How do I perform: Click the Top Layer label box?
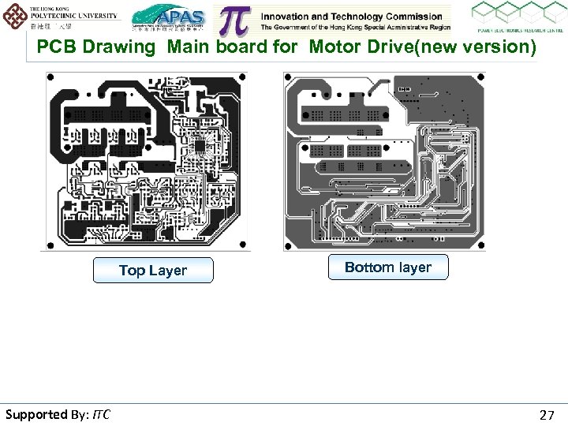point(152,271)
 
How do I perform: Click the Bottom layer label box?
point(387,267)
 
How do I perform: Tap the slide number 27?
point(547,414)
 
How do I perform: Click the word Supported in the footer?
point(36,414)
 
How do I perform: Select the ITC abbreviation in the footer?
point(101,414)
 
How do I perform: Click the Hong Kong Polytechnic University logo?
point(61,16)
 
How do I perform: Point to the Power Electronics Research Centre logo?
point(518,19)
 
